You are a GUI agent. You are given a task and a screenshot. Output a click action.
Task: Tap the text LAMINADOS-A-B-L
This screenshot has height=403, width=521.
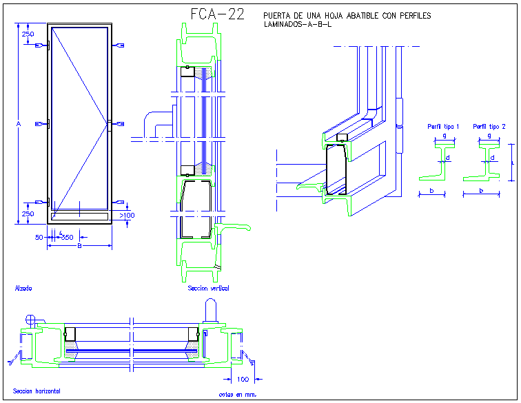(x=298, y=25)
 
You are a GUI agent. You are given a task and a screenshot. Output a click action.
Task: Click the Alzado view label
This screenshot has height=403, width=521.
(x=23, y=288)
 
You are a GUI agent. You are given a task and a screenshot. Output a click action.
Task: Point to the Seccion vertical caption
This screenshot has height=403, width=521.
(x=208, y=288)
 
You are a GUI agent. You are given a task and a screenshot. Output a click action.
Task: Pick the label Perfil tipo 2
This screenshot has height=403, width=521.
(x=489, y=127)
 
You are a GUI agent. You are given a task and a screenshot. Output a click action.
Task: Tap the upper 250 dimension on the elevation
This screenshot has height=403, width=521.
(x=28, y=34)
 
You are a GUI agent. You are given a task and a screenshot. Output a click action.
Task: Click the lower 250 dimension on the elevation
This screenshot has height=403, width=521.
(x=28, y=214)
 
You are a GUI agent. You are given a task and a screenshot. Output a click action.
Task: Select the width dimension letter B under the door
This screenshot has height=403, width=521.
(x=80, y=245)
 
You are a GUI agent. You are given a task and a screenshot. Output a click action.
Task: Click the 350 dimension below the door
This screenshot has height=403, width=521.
(x=67, y=237)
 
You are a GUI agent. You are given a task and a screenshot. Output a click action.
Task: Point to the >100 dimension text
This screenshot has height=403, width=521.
(x=127, y=216)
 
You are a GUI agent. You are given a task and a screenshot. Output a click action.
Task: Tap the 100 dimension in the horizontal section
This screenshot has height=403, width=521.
(x=243, y=379)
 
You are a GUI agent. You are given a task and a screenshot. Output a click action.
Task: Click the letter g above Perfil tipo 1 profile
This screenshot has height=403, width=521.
(x=444, y=136)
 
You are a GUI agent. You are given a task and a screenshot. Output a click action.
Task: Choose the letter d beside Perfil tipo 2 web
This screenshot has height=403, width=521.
(x=492, y=158)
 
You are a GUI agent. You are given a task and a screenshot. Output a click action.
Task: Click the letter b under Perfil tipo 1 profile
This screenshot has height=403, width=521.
(x=431, y=189)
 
